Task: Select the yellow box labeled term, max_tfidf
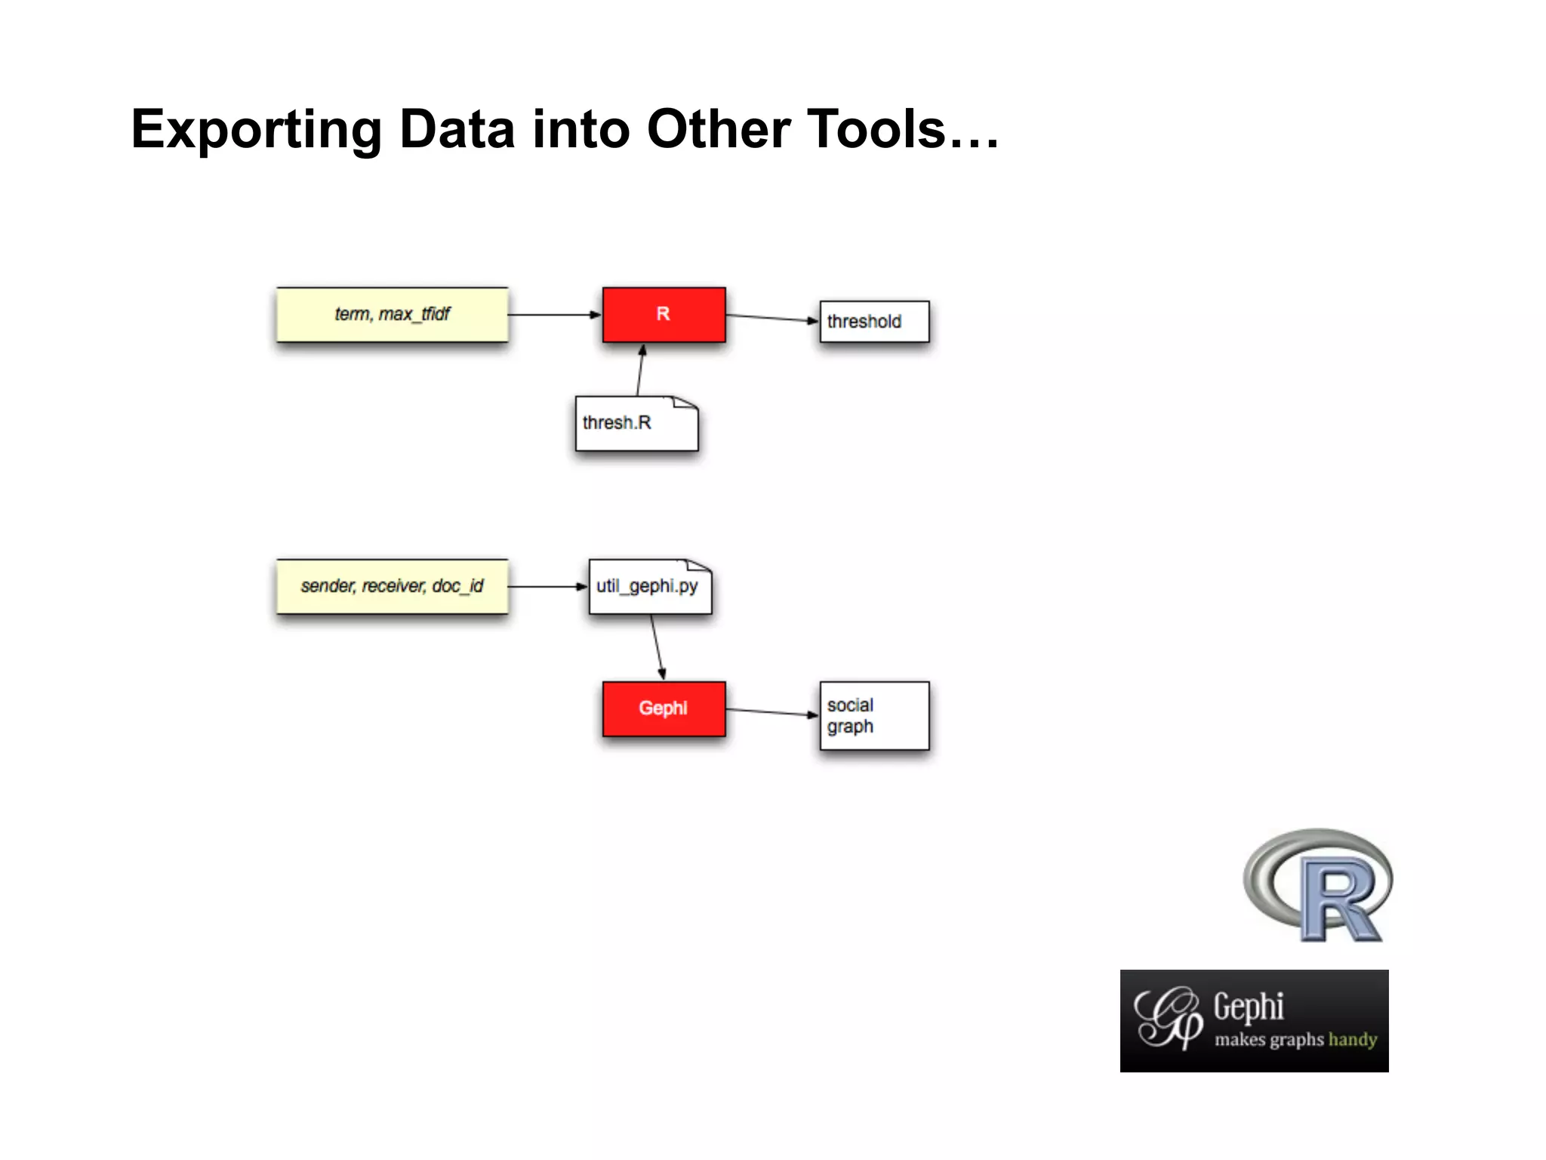coord(392,314)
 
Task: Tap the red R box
coord(664,314)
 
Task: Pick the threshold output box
coord(874,322)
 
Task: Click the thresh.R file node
coord(636,424)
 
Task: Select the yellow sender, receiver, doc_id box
coord(392,586)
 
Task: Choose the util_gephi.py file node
coord(649,587)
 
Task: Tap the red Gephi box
coord(664,708)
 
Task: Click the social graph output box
coord(874,716)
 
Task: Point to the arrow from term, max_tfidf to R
coord(555,314)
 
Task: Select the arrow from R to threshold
coord(772,318)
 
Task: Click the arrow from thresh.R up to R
coord(640,370)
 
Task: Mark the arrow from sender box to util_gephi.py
coord(548,586)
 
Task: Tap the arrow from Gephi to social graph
coord(772,712)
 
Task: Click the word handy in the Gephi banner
coord(1353,1040)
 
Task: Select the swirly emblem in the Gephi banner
coord(1169,1019)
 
